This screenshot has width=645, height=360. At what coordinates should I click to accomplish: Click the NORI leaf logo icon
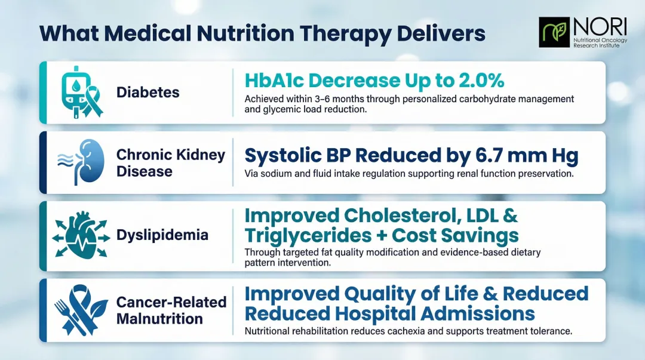pos(554,32)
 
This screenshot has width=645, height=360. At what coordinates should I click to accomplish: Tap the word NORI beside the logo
pos(600,26)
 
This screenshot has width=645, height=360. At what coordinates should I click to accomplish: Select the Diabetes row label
pos(148,93)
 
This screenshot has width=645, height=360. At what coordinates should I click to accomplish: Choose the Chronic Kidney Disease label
pos(170,163)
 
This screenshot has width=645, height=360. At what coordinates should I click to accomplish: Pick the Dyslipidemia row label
pos(162,235)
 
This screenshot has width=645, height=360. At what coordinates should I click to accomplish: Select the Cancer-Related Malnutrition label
pos(171,310)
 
